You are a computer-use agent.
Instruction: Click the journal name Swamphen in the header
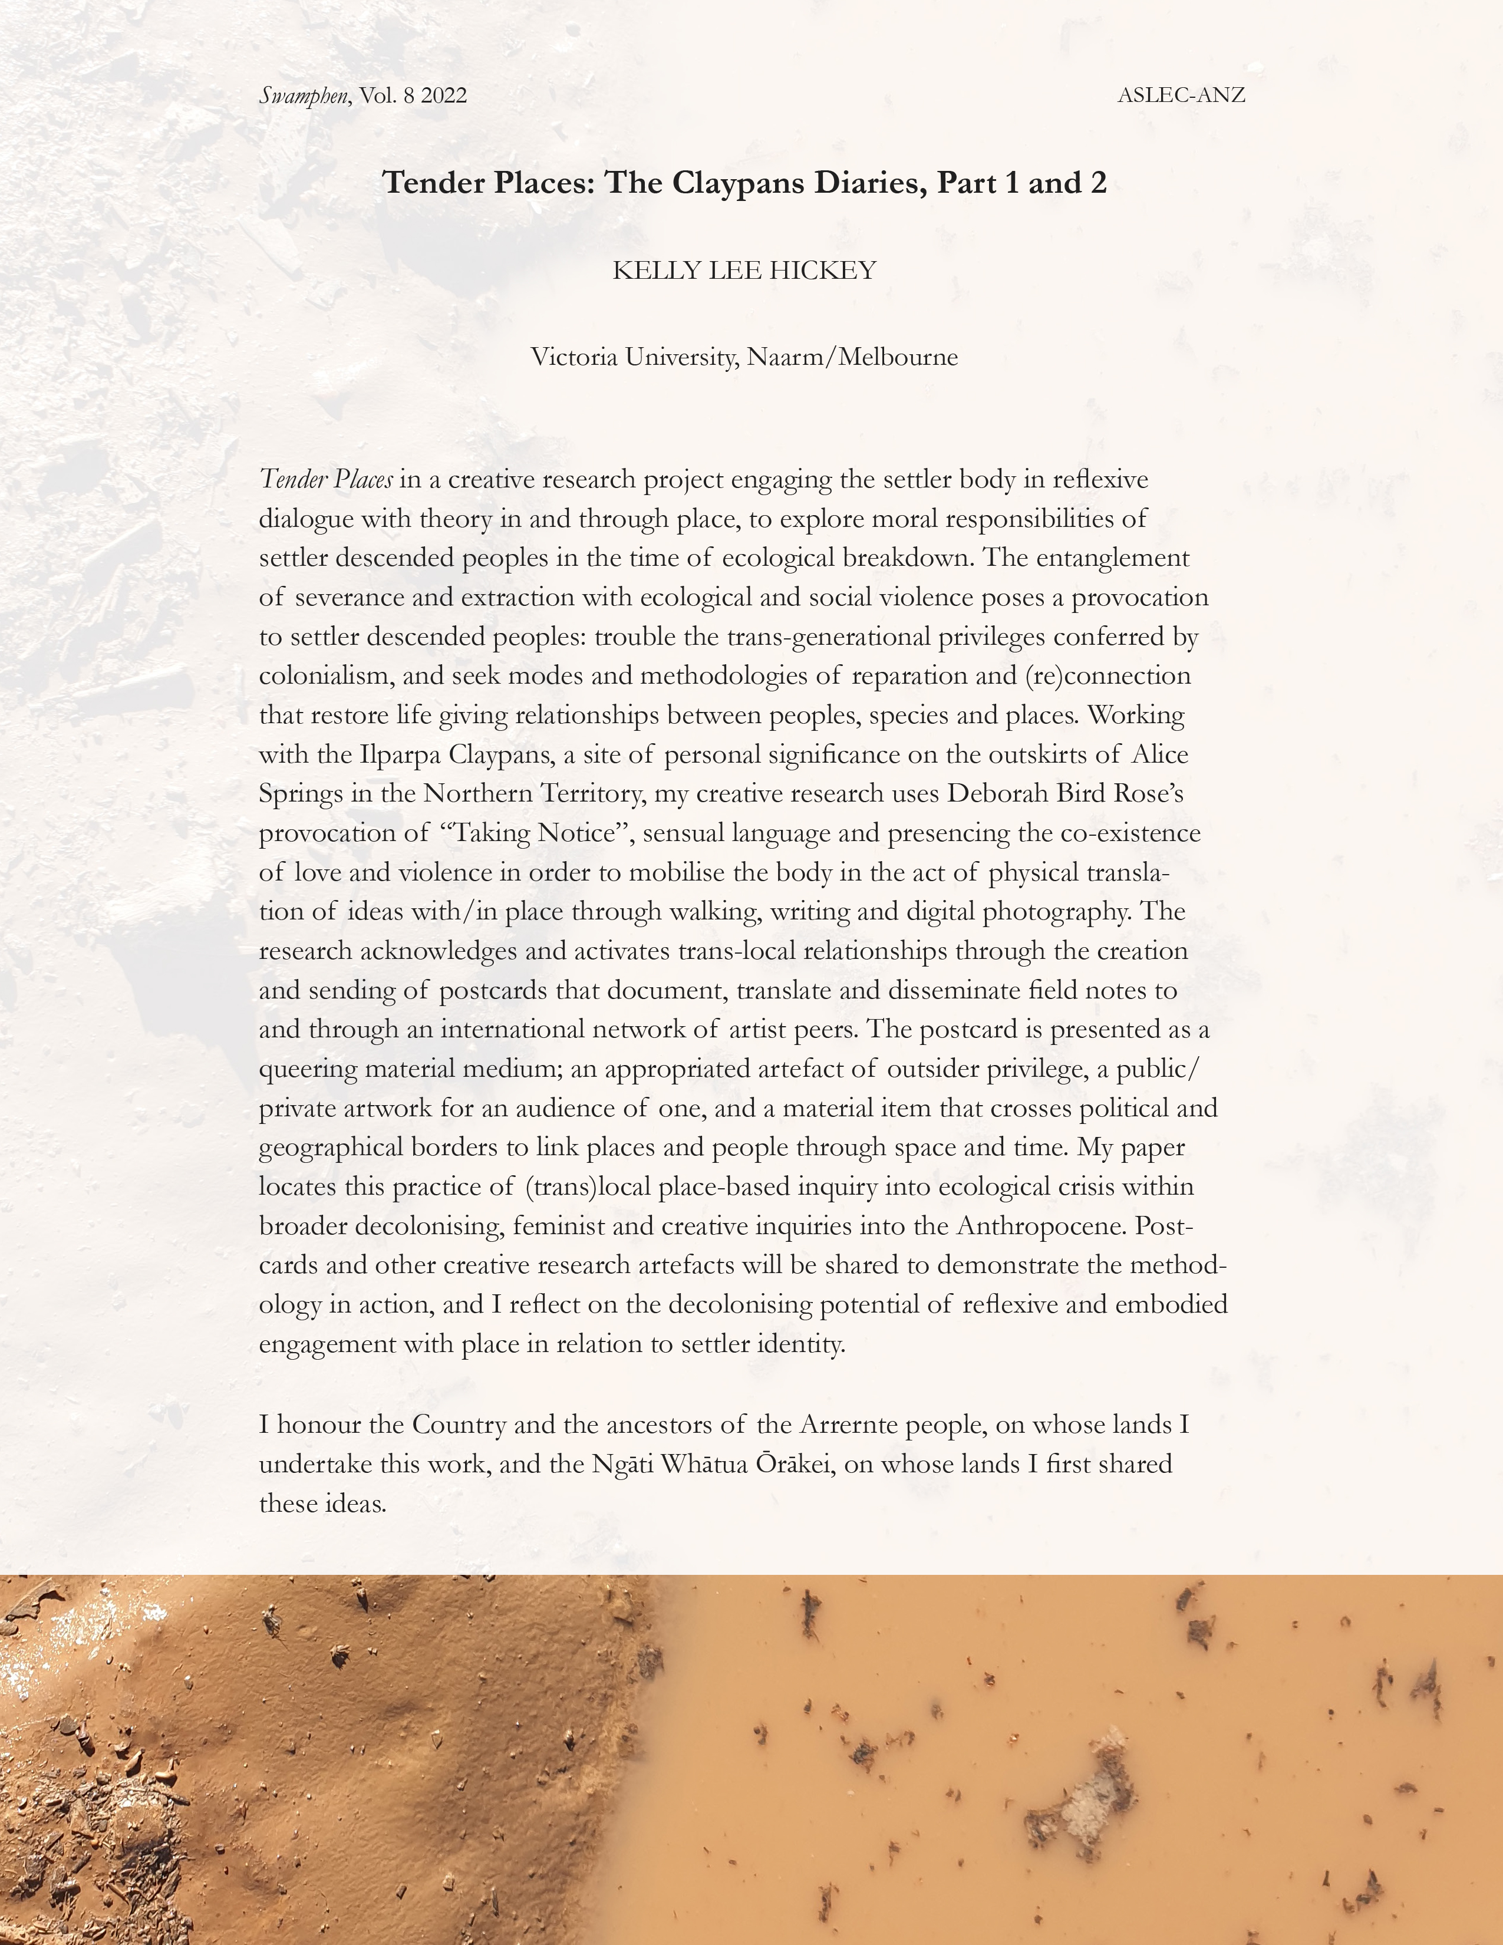pos(304,95)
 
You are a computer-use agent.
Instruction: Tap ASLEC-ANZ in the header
pos(1181,95)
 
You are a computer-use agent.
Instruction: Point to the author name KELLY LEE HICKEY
pos(744,270)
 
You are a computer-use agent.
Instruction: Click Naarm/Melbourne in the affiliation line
pos(852,357)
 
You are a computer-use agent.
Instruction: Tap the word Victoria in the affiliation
pos(574,357)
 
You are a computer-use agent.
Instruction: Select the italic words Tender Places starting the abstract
pos(326,479)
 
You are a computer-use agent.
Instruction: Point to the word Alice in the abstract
pos(1160,754)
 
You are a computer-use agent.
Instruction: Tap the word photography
pos(1053,911)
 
